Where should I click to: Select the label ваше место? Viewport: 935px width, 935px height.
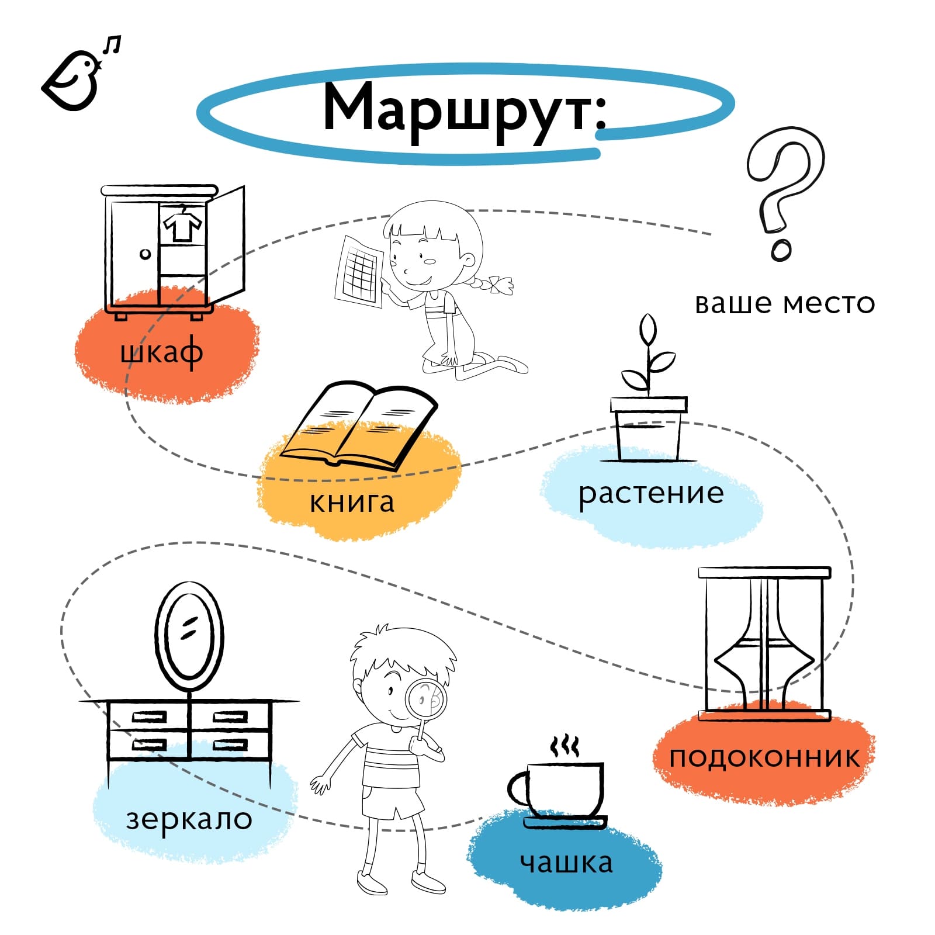pyautogui.click(x=784, y=303)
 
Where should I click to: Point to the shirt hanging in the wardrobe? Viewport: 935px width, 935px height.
pyautogui.click(x=182, y=224)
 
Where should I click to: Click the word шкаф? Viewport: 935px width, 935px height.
pyautogui.click(x=162, y=352)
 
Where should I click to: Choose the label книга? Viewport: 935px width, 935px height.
pyautogui.click(x=352, y=501)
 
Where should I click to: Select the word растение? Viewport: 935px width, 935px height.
pyautogui.click(x=651, y=493)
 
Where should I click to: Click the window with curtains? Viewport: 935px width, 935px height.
pyautogui.click(x=764, y=643)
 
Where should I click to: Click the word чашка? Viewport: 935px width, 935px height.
pyautogui.click(x=566, y=863)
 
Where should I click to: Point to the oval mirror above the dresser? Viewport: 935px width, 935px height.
pyautogui.click(x=189, y=634)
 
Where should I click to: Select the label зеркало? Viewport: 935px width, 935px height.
pyautogui.click(x=189, y=819)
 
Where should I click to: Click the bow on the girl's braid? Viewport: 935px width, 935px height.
pyautogui.click(x=501, y=285)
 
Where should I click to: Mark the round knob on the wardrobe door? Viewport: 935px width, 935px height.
pyautogui.click(x=146, y=254)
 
